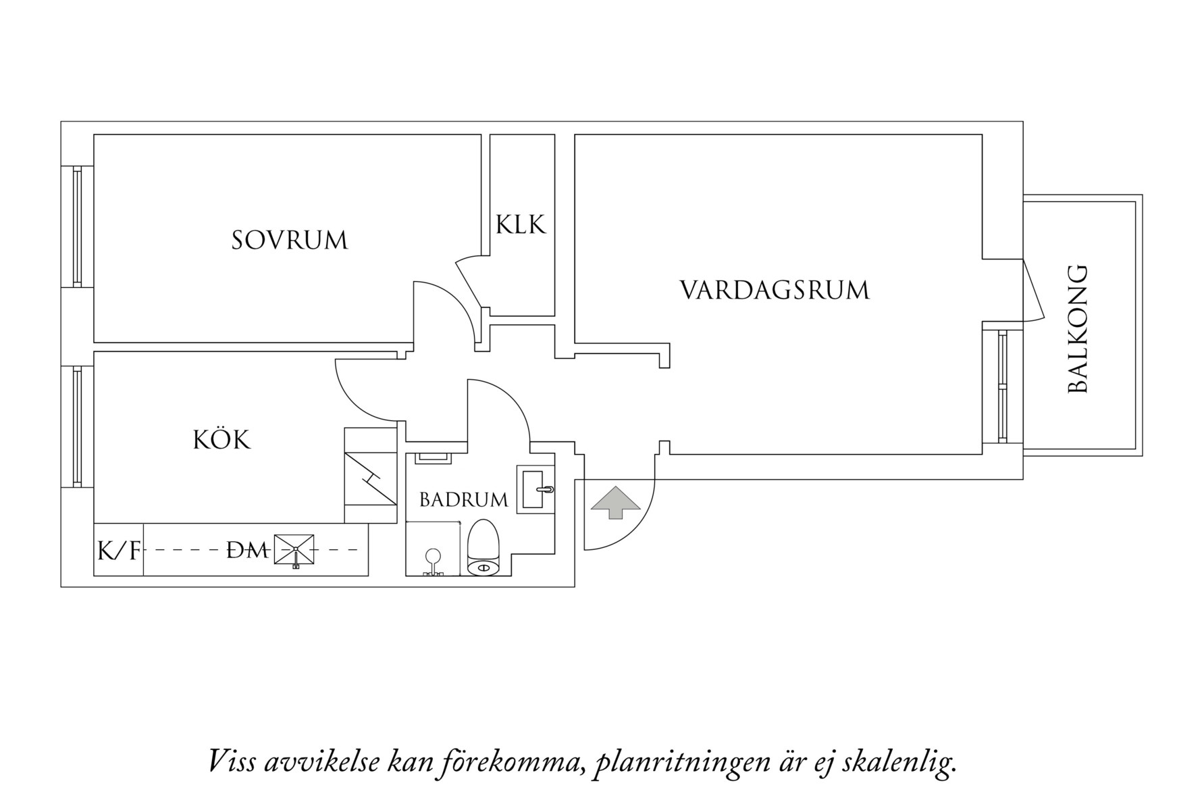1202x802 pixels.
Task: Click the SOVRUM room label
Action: click(x=289, y=241)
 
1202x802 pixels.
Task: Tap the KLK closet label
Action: click(x=521, y=224)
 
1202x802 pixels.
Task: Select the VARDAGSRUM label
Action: click(x=775, y=291)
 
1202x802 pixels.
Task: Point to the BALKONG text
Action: click(x=1078, y=329)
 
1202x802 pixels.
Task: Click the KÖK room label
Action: click(x=221, y=440)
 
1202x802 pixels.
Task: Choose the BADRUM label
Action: click(x=463, y=500)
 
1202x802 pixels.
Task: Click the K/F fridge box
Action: click(x=119, y=551)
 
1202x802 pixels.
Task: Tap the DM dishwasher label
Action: click(x=247, y=551)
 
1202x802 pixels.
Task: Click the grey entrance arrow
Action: click(x=615, y=502)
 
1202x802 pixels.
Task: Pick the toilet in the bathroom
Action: click(x=484, y=549)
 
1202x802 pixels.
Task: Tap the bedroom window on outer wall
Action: click(x=77, y=226)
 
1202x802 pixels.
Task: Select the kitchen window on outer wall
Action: click(x=77, y=426)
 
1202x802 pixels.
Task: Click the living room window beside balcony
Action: click(x=1002, y=386)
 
